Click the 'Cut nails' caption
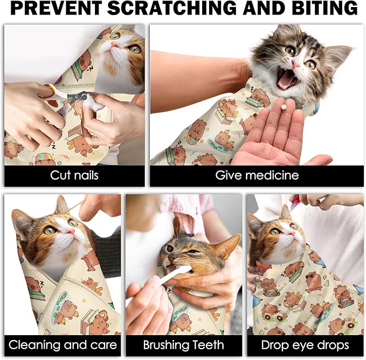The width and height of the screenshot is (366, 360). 74,175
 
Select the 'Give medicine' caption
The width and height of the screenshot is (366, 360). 257,175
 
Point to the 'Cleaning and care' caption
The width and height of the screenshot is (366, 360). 63,345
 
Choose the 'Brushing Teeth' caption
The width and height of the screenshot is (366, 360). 184,345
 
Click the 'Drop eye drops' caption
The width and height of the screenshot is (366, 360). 305,345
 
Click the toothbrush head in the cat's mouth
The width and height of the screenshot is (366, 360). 181,270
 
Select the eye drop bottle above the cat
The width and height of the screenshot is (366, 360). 295,201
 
